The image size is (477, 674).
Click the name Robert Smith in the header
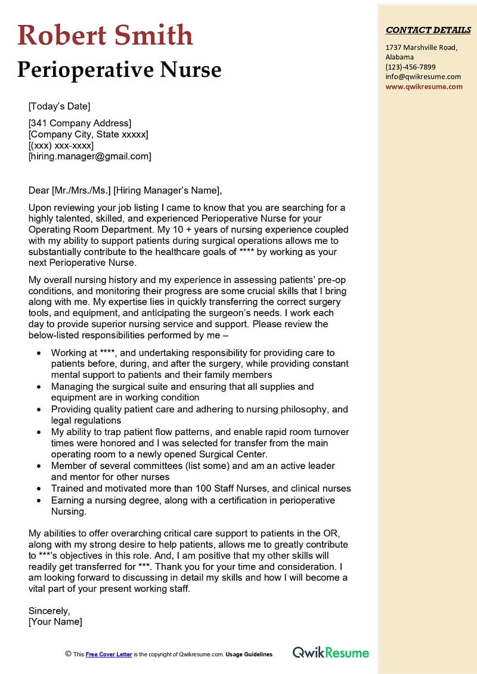[x=105, y=35]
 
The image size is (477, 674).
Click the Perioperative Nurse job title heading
[x=119, y=70]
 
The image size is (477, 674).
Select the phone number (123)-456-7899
[x=410, y=67]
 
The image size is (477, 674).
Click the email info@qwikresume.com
[x=423, y=76]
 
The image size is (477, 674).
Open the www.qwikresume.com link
[x=423, y=86]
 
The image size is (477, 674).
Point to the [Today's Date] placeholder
[x=59, y=107]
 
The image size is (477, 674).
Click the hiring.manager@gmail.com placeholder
[x=89, y=156]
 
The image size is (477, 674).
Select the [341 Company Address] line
[x=79, y=123]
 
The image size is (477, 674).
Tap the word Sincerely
[x=49, y=611]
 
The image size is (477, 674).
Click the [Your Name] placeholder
[x=55, y=622]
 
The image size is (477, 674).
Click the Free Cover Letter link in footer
[x=109, y=654]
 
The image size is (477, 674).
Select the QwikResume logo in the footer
[x=330, y=653]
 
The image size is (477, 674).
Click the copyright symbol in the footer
[x=68, y=654]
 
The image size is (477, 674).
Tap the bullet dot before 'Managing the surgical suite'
[x=39, y=387]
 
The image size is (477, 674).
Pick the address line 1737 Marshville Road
[x=421, y=48]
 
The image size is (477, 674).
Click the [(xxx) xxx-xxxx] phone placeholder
[x=61, y=145]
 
